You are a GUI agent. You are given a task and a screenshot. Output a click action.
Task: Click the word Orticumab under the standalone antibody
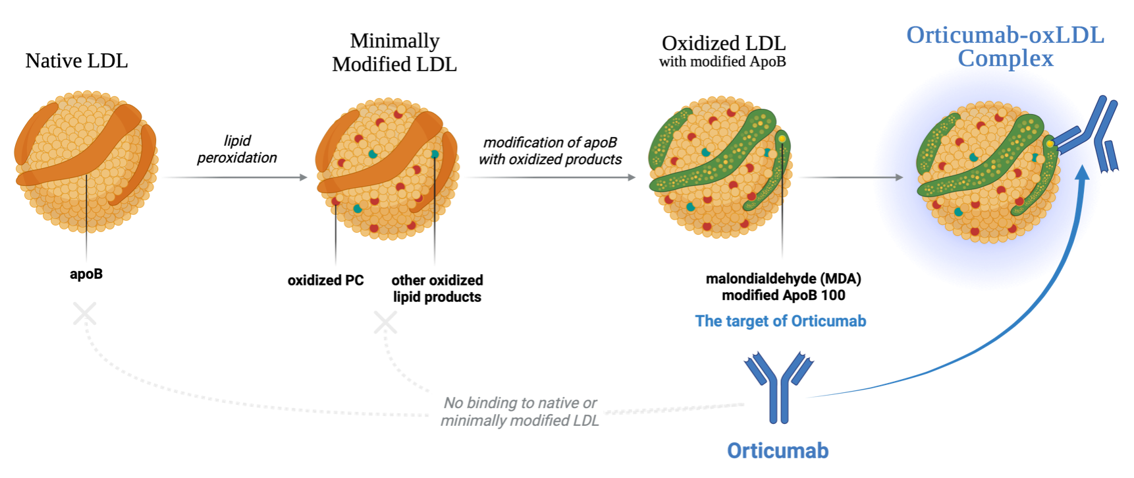[x=777, y=451]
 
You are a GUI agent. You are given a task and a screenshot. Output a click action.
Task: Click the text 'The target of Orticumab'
[x=780, y=321]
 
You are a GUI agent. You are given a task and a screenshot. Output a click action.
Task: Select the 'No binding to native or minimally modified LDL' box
[x=518, y=410]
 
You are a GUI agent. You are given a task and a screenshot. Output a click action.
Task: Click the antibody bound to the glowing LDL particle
[x=1093, y=135]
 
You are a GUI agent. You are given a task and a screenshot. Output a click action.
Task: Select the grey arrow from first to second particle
[x=234, y=177]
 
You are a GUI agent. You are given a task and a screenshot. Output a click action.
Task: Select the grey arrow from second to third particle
[x=549, y=177]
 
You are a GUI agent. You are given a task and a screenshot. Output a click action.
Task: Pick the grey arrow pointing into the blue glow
[x=850, y=177]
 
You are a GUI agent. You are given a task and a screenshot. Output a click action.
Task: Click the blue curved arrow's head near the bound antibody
[x=1082, y=173]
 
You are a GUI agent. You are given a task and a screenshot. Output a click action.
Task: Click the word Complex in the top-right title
[x=1005, y=59]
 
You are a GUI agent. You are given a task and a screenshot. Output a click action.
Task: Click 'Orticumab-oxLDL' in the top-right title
[x=1005, y=35]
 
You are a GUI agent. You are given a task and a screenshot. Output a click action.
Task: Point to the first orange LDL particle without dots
[x=86, y=162]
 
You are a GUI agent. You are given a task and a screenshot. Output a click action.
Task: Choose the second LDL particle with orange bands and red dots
[x=387, y=168]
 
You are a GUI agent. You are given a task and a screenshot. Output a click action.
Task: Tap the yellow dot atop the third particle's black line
[x=782, y=139]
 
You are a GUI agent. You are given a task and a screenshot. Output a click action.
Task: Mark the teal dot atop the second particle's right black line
[x=435, y=154]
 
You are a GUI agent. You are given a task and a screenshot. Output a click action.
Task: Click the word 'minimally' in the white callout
[x=470, y=421]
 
